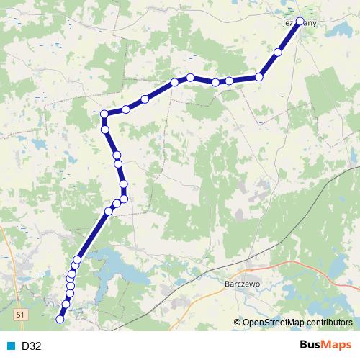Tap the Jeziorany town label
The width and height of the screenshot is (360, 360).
pyautogui.click(x=297, y=23)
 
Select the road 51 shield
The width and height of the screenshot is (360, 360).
pyautogui.click(x=21, y=315)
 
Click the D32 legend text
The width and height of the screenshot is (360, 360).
pyautogui.click(x=32, y=346)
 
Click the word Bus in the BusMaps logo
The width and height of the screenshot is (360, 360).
pyautogui.click(x=310, y=346)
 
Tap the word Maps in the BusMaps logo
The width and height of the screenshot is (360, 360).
pyautogui.click(x=338, y=346)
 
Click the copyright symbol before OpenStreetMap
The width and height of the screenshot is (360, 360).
pyautogui.click(x=238, y=323)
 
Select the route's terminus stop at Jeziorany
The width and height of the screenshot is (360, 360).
pyautogui.click(x=300, y=22)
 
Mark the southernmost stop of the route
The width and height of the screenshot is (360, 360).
pyautogui.click(x=60, y=318)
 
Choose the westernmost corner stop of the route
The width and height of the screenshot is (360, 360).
pyautogui.click(x=104, y=114)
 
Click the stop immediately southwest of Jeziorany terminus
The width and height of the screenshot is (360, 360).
pyautogui.click(x=279, y=52)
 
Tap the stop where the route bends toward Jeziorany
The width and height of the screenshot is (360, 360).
pyautogui.click(x=259, y=76)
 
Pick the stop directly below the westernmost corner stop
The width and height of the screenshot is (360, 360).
pyautogui.click(x=105, y=130)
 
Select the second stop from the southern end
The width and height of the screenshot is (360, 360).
pyautogui.click(x=66, y=305)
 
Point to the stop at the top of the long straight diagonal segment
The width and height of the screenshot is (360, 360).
pyautogui.click(x=109, y=211)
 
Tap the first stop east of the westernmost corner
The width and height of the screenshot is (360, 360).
pyautogui.click(x=126, y=109)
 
